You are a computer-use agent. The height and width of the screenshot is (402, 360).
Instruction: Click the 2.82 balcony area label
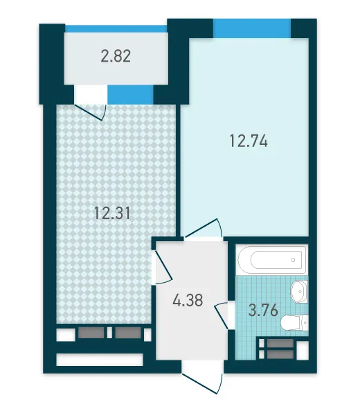tap(116, 56)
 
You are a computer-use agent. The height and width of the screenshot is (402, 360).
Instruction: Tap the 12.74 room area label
tap(249, 141)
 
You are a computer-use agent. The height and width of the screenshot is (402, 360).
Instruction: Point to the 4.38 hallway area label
tap(188, 300)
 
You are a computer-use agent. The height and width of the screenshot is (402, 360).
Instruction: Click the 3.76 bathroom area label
tap(263, 310)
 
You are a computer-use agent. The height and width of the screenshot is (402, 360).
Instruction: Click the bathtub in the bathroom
tap(271, 260)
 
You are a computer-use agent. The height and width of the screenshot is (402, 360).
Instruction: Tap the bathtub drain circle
tap(293, 260)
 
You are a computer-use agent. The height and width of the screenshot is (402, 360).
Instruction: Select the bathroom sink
tap(299, 292)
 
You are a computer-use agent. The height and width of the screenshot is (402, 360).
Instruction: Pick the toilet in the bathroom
tap(294, 322)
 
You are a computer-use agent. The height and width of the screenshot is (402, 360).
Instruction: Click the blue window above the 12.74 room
tap(252, 28)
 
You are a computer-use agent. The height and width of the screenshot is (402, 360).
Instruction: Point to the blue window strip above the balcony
tap(116, 28)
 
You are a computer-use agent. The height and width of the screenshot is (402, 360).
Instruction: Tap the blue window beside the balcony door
tap(130, 94)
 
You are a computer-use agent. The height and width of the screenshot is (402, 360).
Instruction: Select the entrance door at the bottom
tap(202, 377)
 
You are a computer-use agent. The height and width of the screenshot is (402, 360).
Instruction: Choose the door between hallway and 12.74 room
tap(204, 229)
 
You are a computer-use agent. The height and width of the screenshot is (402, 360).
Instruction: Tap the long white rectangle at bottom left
tap(99, 360)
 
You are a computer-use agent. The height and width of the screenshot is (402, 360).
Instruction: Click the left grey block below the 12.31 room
tap(91, 333)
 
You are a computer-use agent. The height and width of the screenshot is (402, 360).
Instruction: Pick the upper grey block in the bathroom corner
tap(280, 343)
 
